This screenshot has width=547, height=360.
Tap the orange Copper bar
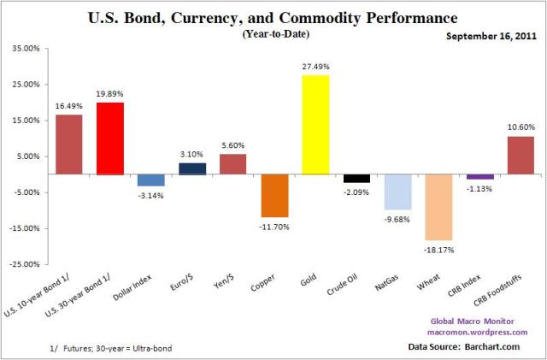pyautogui.click(x=274, y=195)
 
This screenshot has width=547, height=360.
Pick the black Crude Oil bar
pyautogui.click(x=356, y=178)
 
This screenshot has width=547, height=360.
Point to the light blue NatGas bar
pyautogui.click(x=397, y=192)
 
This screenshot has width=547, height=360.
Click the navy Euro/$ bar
pyautogui.click(x=192, y=168)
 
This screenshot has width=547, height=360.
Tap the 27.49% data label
pyautogui.click(x=315, y=67)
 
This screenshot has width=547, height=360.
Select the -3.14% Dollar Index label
pyautogui.click(x=151, y=196)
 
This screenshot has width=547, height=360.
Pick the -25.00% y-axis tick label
pyautogui.click(x=23, y=264)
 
